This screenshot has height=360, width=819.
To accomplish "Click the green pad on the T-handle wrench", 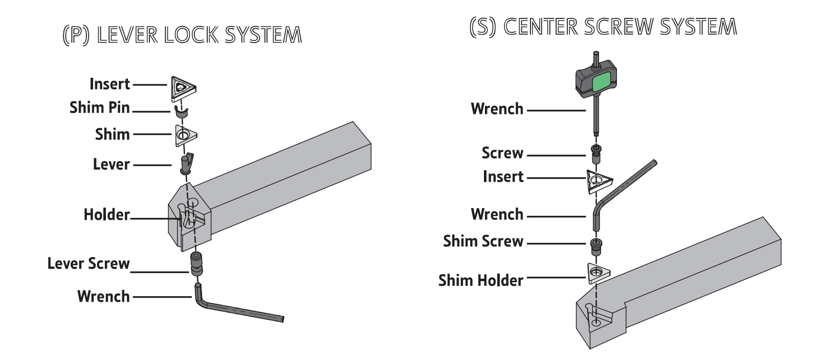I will [602, 82].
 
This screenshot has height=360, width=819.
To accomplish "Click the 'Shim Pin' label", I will [100, 108].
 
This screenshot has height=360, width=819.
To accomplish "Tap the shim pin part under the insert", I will [180, 111].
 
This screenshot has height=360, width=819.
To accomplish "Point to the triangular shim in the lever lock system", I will [185, 136].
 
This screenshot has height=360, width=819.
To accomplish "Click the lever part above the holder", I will [187, 163].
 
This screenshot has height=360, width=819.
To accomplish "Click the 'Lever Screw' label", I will [88, 264].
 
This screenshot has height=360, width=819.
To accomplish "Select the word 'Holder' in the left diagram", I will [106, 215].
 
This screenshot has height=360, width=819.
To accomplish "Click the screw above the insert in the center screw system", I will [595, 153].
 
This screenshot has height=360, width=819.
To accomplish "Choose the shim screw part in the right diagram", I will [596, 246].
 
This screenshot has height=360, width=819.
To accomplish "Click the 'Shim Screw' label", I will [483, 241].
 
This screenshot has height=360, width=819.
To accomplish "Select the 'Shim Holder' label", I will [480, 281].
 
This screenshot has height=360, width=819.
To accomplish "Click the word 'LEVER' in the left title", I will [127, 35].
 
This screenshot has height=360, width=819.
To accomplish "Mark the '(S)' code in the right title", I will [482, 27].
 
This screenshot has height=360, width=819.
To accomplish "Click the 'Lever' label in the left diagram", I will [112, 165].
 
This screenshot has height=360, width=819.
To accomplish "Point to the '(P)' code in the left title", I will [76, 35].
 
